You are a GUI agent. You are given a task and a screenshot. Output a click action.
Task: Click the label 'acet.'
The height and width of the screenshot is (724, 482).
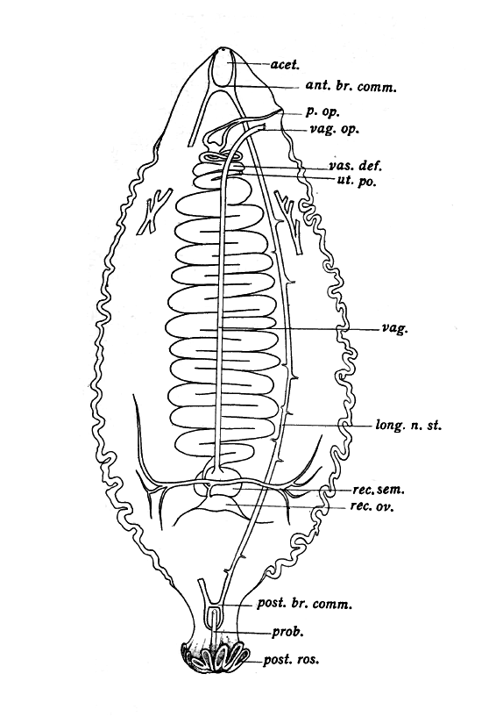pyautogui.click(x=285, y=65)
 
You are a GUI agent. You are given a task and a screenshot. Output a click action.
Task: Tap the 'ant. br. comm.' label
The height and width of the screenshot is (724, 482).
pyautogui.click(x=351, y=86)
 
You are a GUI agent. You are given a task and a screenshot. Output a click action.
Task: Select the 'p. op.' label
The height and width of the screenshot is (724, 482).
pyautogui.click(x=323, y=111)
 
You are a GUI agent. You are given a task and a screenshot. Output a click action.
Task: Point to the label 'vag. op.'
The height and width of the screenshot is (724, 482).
pyautogui.click(x=335, y=130)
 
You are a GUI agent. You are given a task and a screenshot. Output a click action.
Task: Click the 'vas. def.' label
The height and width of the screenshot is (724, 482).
pyautogui.click(x=355, y=166)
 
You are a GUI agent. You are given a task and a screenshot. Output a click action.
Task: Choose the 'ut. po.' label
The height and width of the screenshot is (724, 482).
pyautogui.click(x=354, y=181)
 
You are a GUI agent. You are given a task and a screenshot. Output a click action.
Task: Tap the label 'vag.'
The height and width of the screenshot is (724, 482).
pyautogui.click(x=395, y=329)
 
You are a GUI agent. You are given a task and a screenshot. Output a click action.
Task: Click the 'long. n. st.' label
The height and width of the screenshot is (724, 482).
pyautogui.click(x=408, y=426)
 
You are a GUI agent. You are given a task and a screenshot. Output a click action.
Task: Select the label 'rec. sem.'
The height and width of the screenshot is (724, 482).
pyautogui.click(x=378, y=490)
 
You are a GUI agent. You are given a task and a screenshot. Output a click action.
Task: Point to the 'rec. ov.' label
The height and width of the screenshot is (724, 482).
pyautogui.click(x=372, y=506)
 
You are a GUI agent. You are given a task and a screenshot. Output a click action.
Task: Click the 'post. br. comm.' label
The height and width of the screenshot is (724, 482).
pyautogui.click(x=304, y=604)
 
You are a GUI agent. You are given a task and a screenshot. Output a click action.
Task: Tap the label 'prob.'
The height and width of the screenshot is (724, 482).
pyautogui.click(x=287, y=632)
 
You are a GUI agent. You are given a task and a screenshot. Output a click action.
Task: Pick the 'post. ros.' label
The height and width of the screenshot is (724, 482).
pyautogui.click(x=291, y=659)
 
